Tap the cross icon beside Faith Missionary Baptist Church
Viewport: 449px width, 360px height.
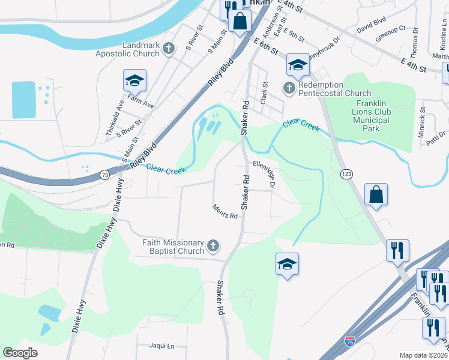click(213, 246)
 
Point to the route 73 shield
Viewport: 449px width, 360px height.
click(104, 175)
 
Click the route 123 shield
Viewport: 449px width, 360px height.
click(346, 174)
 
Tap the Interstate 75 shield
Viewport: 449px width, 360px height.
click(350, 341)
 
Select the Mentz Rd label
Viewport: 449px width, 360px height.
click(225, 211)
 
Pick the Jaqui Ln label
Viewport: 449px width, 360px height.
click(162, 346)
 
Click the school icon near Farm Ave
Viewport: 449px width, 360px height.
click(135, 80)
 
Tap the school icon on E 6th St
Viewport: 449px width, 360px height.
click(297, 65)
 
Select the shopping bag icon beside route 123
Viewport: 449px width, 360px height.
click(376, 195)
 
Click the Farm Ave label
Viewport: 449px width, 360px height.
click(140, 104)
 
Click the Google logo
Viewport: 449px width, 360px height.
click(20, 353)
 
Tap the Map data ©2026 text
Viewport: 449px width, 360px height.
click(423, 355)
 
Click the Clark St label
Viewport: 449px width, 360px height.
click(263, 93)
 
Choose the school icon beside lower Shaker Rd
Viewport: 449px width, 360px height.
click(288, 264)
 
